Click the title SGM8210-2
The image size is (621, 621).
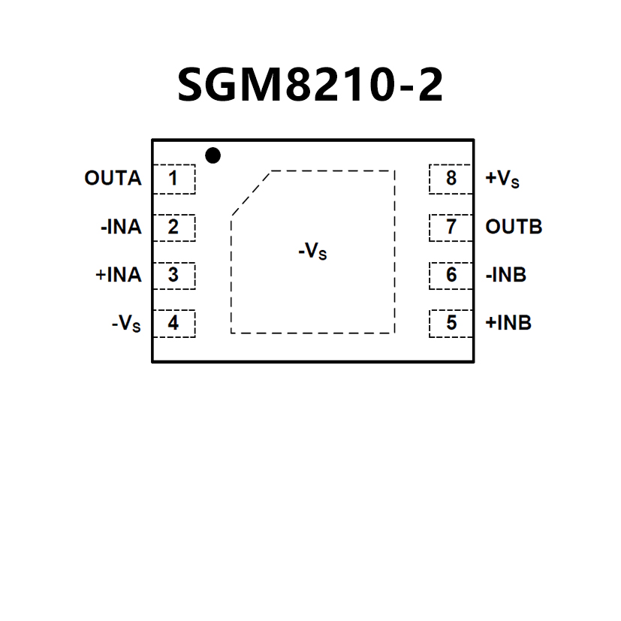tap(310, 85)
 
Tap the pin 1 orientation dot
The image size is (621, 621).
tap(213, 155)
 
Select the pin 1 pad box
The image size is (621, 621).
tap(173, 179)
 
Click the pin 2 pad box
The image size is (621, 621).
tap(173, 227)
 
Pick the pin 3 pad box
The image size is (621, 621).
tap(173, 275)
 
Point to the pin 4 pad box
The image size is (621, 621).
tap(173, 323)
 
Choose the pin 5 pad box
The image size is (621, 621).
tap(451, 323)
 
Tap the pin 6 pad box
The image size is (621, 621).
tap(451, 275)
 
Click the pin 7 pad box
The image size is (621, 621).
tap(451, 227)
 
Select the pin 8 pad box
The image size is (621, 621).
tap(451, 179)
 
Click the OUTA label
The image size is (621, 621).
tap(113, 179)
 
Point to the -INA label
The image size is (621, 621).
tap(120, 227)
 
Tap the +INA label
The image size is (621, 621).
tap(119, 275)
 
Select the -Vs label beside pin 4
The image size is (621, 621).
tap(126, 324)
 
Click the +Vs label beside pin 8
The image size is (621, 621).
tap(502, 179)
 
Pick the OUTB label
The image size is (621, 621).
tap(514, 227)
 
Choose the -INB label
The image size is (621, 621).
tap(506, 275)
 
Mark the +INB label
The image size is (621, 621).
tap(508, 323)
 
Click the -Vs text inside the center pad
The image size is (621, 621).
tap(312, 252)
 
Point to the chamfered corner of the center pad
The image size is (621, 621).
tap(251, 193)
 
